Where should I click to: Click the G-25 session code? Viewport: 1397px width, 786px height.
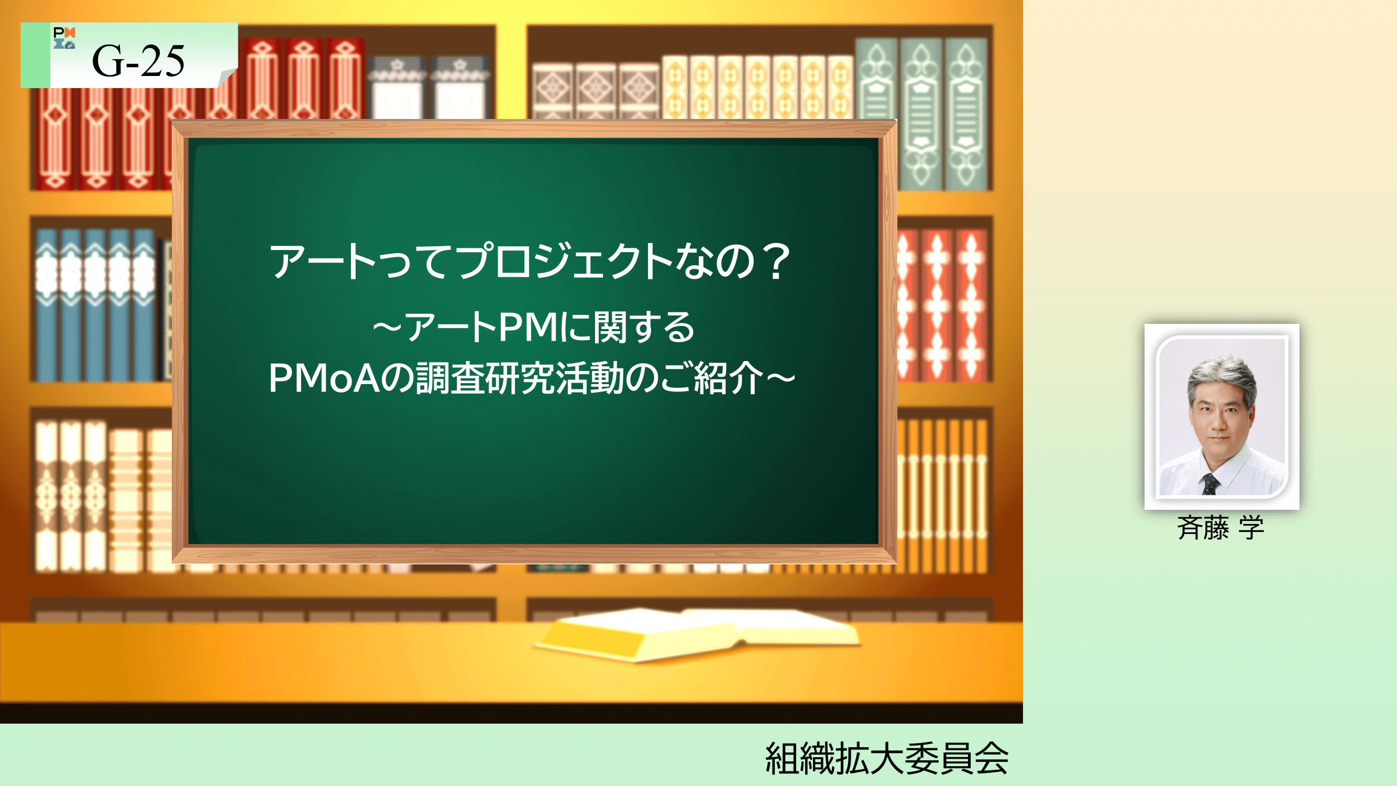pos(138,60)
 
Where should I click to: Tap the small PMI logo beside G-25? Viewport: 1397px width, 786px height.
pos(64,37)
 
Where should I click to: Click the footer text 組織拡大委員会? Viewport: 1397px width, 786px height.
pos(887,758)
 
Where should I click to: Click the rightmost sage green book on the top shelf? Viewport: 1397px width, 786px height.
pos(966,114)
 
